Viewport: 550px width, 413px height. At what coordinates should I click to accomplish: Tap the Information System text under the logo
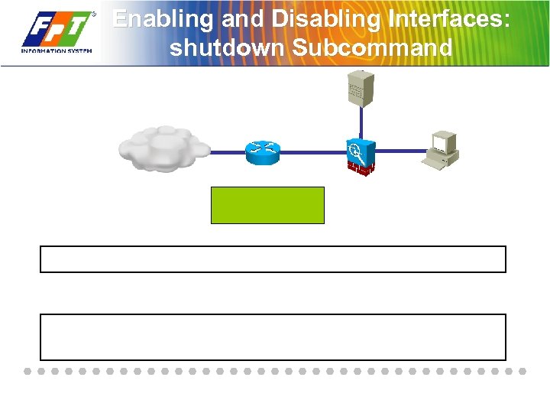(x=57, y=51)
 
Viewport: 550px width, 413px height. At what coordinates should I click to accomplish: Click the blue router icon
(x=262, y=153)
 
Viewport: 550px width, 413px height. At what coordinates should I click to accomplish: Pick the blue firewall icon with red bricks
(x=360, y=156)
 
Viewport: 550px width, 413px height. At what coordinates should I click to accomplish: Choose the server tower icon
(x=361, y=89)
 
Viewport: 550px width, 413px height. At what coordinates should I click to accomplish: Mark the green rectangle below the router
(x=267, y=205)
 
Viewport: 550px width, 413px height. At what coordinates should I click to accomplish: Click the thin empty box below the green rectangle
(x=273, y=259)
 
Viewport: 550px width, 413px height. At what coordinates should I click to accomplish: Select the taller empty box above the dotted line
(x=273, y=337)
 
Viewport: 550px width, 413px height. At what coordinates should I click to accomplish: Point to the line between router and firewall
(x=312, y=153)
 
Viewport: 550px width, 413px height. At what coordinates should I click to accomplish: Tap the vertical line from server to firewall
(x=361, y=122)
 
